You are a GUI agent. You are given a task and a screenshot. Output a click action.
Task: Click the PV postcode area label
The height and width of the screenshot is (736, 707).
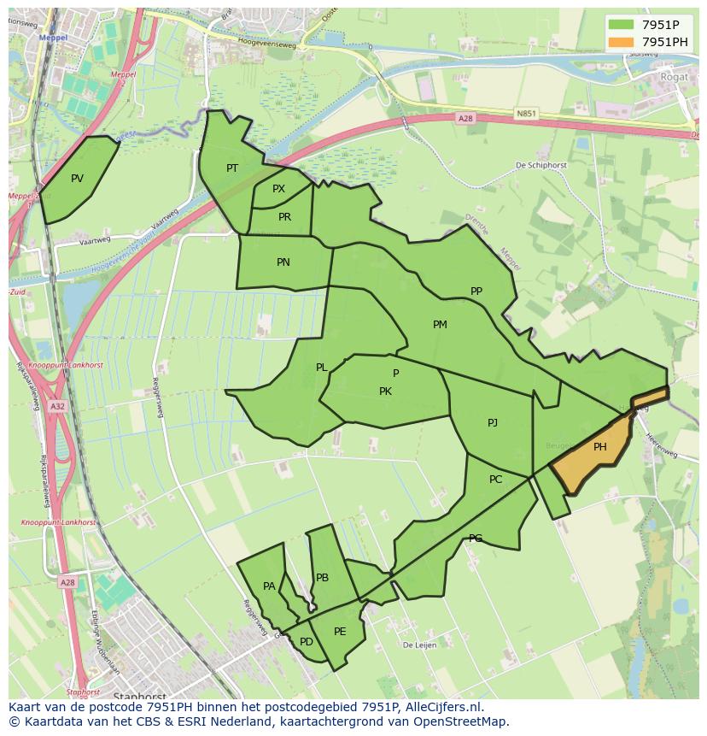point(78,179)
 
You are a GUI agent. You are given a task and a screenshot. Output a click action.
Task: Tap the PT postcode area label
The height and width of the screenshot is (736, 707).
point(232,168)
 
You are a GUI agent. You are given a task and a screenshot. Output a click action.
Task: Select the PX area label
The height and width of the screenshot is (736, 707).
point(278,189)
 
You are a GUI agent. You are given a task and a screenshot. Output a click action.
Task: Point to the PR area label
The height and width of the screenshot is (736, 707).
point(284,217)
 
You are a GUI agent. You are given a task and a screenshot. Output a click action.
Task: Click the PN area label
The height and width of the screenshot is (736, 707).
point(283,262)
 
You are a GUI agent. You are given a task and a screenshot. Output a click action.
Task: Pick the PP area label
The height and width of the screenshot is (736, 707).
point(476,291)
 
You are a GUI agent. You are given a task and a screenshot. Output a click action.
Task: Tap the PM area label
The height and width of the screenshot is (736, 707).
point(440,325)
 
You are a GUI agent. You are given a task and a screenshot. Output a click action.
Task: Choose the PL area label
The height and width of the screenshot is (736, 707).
point(321,368)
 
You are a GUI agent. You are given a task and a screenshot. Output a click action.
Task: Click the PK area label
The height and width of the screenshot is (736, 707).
point(385,392)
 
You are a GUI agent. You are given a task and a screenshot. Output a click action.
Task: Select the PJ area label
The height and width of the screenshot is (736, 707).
point(493,423)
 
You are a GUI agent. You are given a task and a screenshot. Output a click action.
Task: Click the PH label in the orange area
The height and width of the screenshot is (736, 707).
point(600,447)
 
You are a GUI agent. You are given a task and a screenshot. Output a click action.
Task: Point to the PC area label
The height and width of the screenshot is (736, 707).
point(496,480)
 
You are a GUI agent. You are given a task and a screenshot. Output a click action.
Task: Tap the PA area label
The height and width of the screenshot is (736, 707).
point(269,586)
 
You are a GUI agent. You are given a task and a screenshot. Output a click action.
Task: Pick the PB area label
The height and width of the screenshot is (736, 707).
point(322,578)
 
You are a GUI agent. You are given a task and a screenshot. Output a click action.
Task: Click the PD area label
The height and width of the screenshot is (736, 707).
point(307,642)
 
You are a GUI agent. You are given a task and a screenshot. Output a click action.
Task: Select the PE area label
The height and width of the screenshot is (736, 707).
point(340,632)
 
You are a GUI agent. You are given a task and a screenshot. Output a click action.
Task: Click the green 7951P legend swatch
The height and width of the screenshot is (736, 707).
point(621,25)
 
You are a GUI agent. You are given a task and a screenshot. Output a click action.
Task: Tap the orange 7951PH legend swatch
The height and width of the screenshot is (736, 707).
point(621,42)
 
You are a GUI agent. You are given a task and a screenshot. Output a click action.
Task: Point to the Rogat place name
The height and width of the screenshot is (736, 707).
point(674,77)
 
